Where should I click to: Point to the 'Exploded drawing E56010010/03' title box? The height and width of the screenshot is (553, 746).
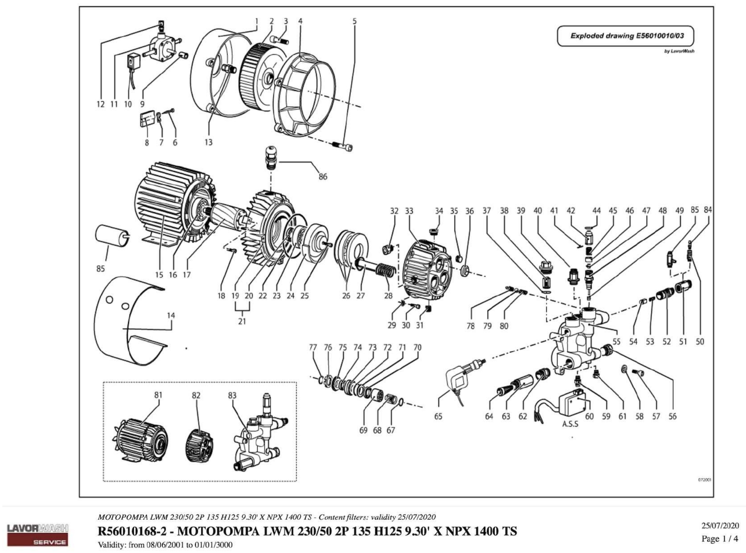625,36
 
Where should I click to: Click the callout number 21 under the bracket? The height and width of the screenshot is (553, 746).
242,321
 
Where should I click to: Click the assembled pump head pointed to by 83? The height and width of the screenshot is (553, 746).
260,435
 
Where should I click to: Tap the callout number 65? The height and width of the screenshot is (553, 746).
438,416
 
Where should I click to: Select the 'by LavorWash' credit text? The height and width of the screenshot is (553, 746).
679,51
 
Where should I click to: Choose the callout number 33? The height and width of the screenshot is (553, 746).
409,211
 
